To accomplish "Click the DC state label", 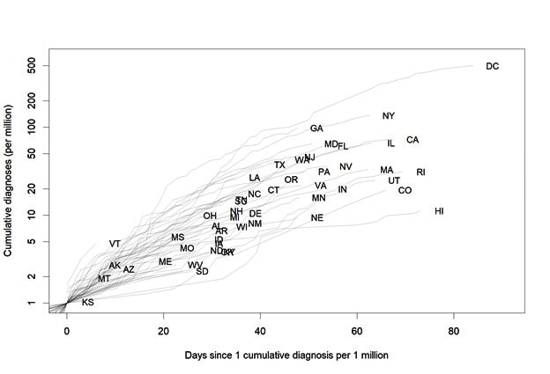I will click(x=493, y=66).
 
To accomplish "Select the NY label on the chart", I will click(x=389, y=116).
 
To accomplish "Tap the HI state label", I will click(x=439, y=211).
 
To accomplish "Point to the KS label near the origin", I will click(x=87, y=303).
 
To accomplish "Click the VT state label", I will click(x=115, y=244).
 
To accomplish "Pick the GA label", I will click(x=316, y=128).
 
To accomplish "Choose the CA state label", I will click(x=412, y=140).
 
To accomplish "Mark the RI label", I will click(x=420, y=172).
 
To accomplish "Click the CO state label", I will click(x=405, y=191).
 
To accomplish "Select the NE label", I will click(x=317, y=217).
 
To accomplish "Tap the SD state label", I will click(x=203, y=271).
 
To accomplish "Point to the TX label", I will click(x=279, y=165).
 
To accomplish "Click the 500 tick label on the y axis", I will click(x=31, y=66).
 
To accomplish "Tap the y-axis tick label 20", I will click(x=33, y=188).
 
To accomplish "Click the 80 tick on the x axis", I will click(x=453, y=330).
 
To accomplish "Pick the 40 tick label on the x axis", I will click(x=260, y=330).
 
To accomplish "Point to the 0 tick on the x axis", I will click(x=66, y=330).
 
